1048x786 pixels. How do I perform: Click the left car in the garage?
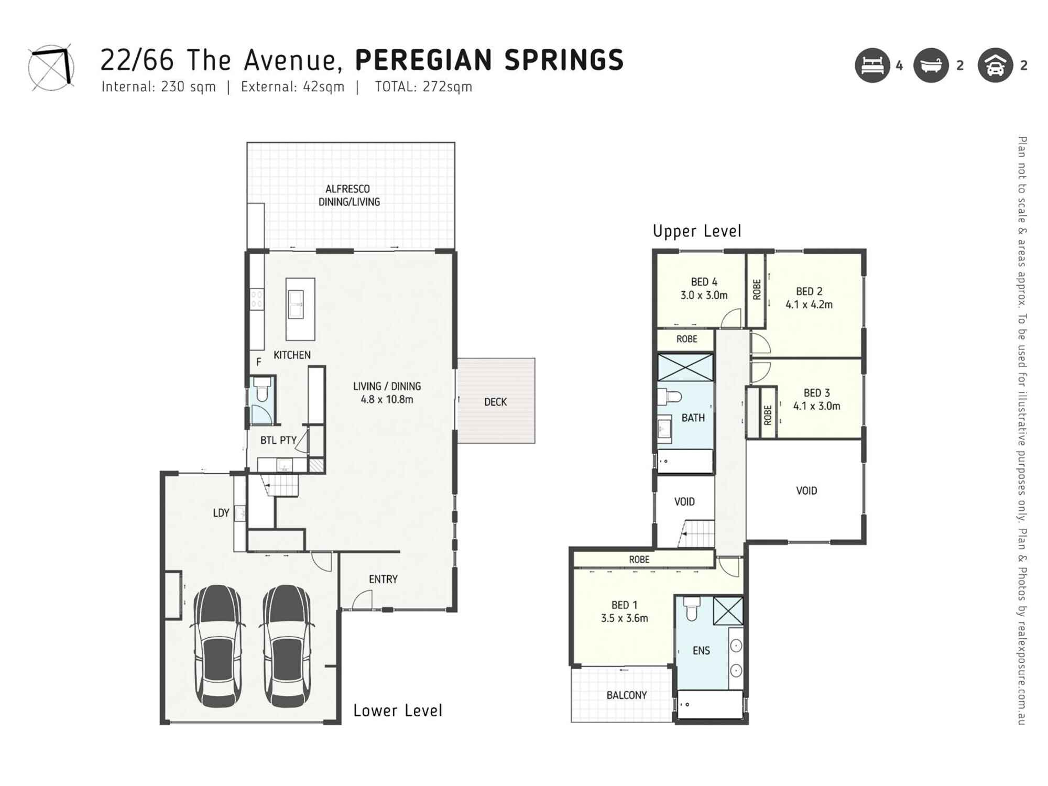click(x=218, y=646)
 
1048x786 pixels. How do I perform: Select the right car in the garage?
click(x=287, y=646)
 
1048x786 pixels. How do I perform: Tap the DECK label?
click(x=495, y=402)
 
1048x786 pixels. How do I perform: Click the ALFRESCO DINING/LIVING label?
click(x=349, y=195)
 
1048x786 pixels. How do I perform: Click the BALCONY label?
click(x=627, y=695)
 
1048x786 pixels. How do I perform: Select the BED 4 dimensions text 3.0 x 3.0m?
click(x=704, y=295)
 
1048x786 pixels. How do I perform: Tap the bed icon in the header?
click(x=872, y=65)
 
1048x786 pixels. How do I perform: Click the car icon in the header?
click(x=995, y=65)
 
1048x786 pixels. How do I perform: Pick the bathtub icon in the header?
click(x=931, y=65)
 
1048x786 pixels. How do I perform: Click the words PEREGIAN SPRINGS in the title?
click(x=489, y=60)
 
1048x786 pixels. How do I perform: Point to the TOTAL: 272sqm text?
click(x=423, y=86)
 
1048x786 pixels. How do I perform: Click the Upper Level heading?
click(x=697, y=231)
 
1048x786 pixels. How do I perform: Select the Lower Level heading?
click(x=398, y=711)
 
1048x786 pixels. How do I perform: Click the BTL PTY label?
click(x=278, y=440)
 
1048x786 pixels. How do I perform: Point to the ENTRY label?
click(x=383, y=579)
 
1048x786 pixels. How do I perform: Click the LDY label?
click(x=221, y=513)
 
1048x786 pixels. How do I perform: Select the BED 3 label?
click(x=816, y=392)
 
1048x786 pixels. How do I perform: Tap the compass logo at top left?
click(x=51, y=67)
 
